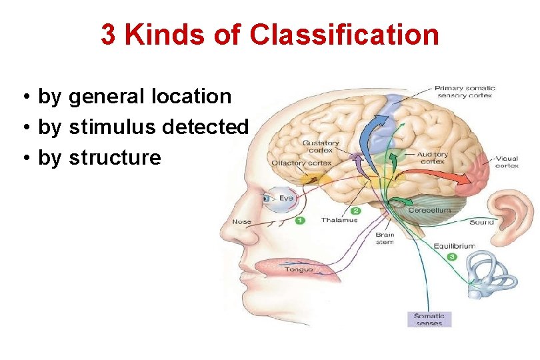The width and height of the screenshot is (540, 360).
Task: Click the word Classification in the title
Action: click(x=344, y=35)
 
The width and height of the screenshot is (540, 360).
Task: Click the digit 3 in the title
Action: click(x=108, y=35)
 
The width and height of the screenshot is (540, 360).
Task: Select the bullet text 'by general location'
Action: click(x=135, y=97)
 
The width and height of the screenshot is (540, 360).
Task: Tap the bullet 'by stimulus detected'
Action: click(x=143, y=127)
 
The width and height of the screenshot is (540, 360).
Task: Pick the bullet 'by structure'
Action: click(x=99, y=158)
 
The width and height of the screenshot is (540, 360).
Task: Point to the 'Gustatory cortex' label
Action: click(x=321, y=146)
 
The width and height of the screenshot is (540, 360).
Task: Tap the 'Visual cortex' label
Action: click(x=506, y=161)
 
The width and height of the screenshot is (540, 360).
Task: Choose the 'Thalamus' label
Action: click(x=339, y=220)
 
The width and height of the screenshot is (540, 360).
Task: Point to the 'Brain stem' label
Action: click(x=385, y=238)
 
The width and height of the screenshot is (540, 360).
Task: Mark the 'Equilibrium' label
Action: click(x=454, y=246)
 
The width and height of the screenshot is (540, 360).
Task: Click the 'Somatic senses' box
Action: click(x=429, y=319)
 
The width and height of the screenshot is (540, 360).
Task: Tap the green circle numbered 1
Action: click(x=299, y=220)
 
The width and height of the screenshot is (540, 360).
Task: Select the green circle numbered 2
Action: click(x=355, y=211)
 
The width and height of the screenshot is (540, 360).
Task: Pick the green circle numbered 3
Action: click(x=452, y=256)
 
